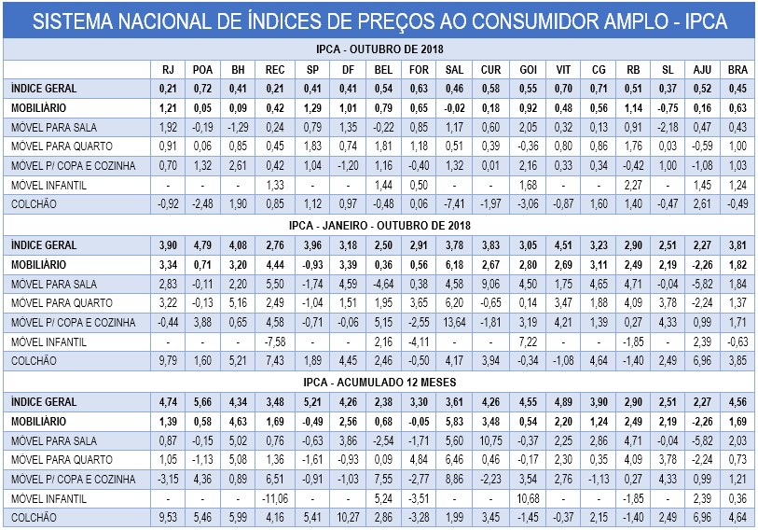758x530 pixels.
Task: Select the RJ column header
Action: (168, 69)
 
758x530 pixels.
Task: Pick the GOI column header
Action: (527, 69)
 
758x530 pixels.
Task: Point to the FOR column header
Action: (418, 69)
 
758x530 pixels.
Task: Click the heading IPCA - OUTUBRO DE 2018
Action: (379, 49)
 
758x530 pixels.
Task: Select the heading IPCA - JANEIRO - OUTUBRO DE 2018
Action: (379, 225)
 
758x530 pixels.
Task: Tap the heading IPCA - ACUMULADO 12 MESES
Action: (379, 382)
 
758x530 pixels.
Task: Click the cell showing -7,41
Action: (454, 203)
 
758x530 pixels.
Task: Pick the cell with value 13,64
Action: (454, 322)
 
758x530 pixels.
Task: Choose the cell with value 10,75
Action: (490, 439)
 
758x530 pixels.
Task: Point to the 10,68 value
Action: (527, 498)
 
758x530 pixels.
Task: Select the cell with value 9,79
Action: (168, 360)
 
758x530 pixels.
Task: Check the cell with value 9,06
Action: (490, 284)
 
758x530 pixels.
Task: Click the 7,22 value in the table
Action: (527, 342)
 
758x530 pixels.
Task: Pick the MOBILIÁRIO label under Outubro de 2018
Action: (37, 107)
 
